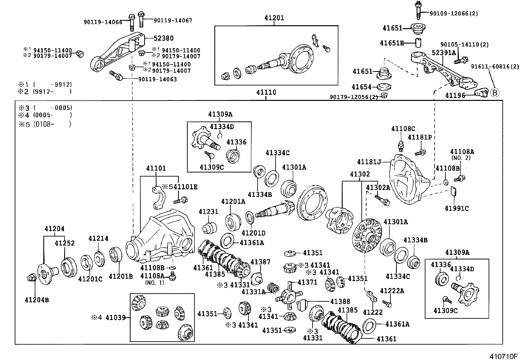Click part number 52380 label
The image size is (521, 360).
pyautogui.click(x=164, y=38)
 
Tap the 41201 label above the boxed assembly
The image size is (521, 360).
pyautogui.click(x=274, y=18)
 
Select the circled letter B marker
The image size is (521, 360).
pyautogui.click(x=495, y=93)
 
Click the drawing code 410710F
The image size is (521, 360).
pyautogui.click(x=504, y=356)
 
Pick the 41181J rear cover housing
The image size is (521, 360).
pyautogui.click(x=406, y=180)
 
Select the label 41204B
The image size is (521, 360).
pyautogui.click(x=37, y=299)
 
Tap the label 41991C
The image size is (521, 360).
pyautogui.click(x=457, y=208)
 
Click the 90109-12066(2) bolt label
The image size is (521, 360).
pyautogui.click(x=454, y=13)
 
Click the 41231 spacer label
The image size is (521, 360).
pyautogui.click(x=208, y=212)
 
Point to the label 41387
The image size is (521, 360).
pyautogui.click(x=260, y=262)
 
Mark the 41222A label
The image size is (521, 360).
pyautogui.click(x=392, y=291)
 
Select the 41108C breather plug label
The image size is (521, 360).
pyautogui.click(x=403, y=129)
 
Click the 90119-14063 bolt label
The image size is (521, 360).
pyautogui.click(x=157, y=79)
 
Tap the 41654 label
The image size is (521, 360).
pyautogui.click(x=362, y=87)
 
